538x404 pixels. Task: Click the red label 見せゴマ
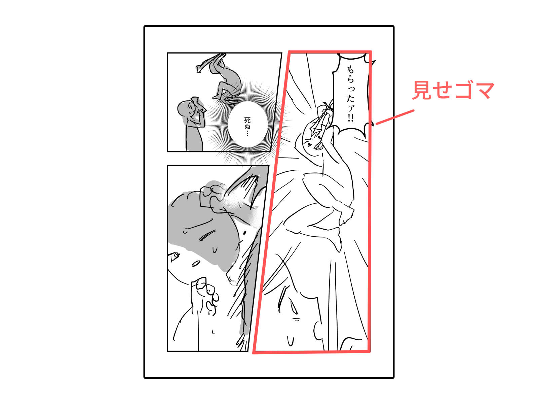click(x=453, y=90)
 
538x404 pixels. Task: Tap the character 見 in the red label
click(x=422, y=90)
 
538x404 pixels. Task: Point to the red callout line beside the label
click(x=395, y=117)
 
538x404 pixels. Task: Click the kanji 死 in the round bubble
click(x=247, y=121)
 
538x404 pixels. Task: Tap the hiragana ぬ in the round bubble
click(x=247, y=127)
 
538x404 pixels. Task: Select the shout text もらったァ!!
click(x=350, y=94)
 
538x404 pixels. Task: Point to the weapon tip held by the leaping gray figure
click(x=199, y=69)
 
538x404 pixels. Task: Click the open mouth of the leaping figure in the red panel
click(x=319, y=146)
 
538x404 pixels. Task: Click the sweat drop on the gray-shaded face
click(x=215, y=250)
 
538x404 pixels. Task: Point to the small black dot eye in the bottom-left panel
click(x=244, y=232)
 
